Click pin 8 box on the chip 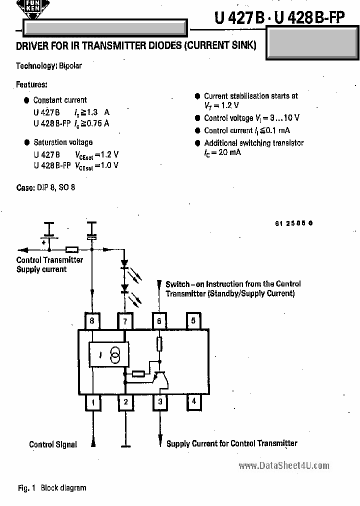point(92,321)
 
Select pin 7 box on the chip point(125,321)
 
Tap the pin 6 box point(159,321)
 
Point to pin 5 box point(193,321)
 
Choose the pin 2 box point(125,401)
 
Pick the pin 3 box point(159,401)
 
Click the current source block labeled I point(108,355)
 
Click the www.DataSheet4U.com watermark point(283,465)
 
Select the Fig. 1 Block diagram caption point(52,488)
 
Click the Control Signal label point(53,444)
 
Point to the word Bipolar point(70,66)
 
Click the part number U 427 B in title point(239,18)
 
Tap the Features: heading point(31,84)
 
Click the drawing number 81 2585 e point(293,223)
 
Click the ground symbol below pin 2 point(125,445)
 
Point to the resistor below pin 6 point(159,344)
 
